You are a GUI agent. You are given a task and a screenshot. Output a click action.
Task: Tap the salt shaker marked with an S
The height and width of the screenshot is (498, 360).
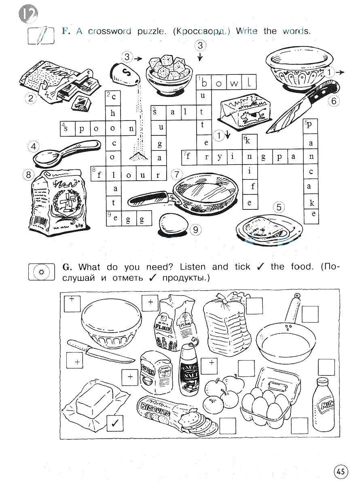click(125, 74)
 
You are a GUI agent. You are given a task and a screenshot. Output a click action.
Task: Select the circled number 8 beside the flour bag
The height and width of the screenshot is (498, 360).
click(28, 175)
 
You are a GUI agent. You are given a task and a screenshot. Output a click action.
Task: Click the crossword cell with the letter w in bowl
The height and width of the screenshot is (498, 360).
click(234, 82)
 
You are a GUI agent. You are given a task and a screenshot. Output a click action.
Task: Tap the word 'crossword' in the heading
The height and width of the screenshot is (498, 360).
click(110, 31)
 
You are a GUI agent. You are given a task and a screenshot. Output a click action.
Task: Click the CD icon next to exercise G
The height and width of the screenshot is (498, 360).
click(41, 272)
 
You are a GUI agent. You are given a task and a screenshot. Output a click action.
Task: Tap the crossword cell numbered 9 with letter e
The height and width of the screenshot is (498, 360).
click(114, 218)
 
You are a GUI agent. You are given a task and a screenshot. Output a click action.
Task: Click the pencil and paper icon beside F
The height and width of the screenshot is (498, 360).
click(41, 35)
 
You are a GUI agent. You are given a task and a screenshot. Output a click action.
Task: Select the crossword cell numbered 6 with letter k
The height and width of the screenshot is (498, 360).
click(250, 141)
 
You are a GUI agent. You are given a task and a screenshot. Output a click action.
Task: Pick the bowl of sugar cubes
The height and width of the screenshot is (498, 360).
click(169, 74)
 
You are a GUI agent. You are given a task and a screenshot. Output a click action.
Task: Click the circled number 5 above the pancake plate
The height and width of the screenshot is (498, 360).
click(279, 207)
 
